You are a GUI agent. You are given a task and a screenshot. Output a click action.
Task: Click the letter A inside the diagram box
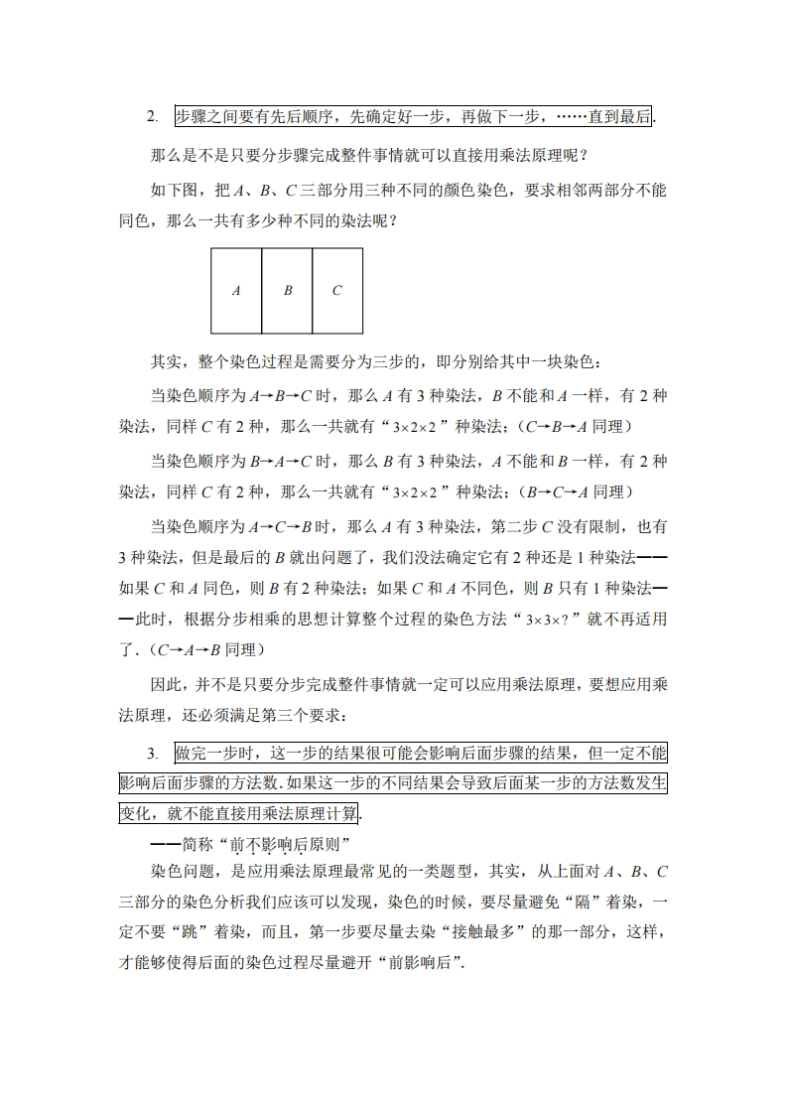tap(236, 291)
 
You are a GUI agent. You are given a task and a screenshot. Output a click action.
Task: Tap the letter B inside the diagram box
tap(288, 291)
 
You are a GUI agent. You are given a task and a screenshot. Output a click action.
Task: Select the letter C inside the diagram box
tap(337, 291)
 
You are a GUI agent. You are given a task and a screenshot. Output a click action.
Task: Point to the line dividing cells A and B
tap(262, 291)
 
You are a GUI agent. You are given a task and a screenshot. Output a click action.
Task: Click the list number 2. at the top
tap(152, 117)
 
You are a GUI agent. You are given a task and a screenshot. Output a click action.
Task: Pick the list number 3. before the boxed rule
tap(152, 754)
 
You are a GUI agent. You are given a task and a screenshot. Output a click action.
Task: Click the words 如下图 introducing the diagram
tap(172, 189)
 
